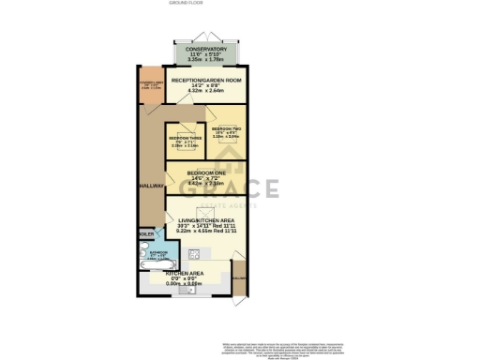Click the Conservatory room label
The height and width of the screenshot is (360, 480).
206,49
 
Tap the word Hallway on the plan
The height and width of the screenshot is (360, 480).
151,185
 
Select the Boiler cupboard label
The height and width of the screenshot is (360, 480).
146,233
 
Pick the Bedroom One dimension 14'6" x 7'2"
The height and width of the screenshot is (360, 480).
206,179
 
